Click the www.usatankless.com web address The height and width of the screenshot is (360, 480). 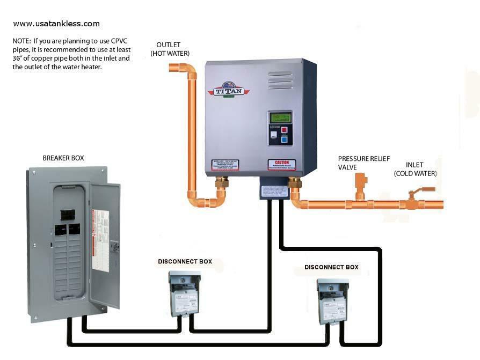coord(56,24)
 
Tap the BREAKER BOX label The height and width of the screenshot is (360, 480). coord(63,158)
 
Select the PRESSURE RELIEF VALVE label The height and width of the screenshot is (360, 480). coord(363,163)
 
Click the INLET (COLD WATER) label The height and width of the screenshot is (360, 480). coord(415,170)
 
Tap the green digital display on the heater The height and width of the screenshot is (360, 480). coord(279,117)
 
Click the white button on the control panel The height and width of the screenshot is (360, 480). coord(274,136)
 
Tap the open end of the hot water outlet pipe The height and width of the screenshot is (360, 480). coord(173,68)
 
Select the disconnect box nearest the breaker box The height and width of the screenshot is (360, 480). coord(183,292)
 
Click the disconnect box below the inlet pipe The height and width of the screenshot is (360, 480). coord(331,300)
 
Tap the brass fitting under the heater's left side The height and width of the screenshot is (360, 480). coord(221,186)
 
